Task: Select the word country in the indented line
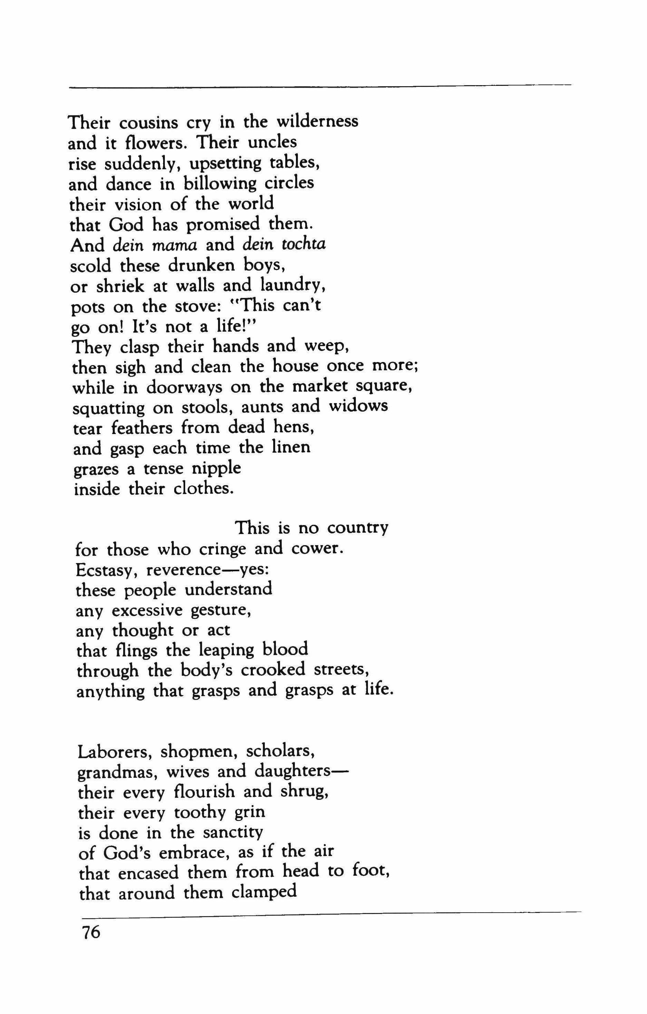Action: pos(358,529)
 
